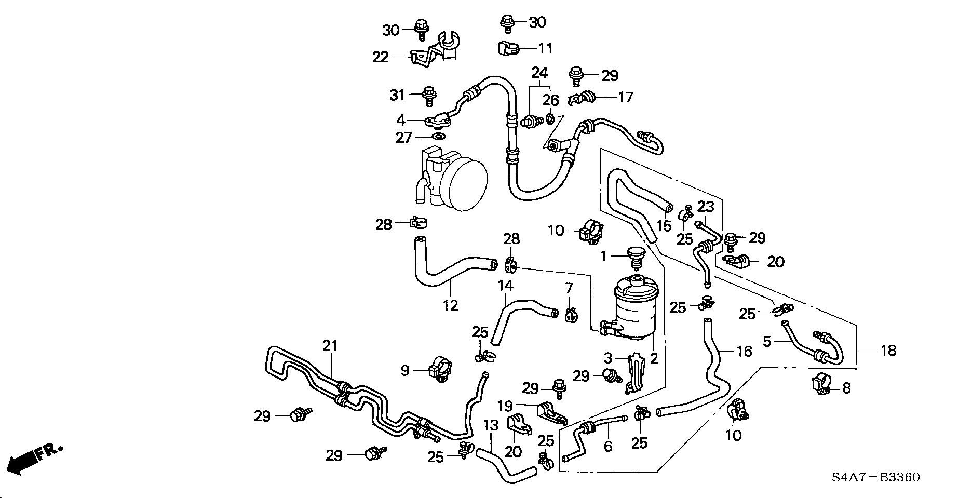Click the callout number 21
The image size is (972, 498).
[x=330, y=345]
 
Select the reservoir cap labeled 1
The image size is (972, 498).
[x=635, y=255]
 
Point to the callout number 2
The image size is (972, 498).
[x=654, y=358]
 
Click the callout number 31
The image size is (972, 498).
[x=397, y=95]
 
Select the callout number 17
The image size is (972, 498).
[x=626, y=97]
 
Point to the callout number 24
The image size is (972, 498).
[x=539, y=72]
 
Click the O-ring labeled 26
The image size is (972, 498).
[x=551, y=119]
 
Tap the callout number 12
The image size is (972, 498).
[x=450, y=305]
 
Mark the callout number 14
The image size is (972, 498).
[x=506, y=285]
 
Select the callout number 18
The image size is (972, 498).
[x=889, y=351]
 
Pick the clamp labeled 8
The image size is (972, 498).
[x=821, y=385]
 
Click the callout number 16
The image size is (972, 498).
[x=744, y=352]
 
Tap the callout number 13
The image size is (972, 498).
[x=491, y=426]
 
